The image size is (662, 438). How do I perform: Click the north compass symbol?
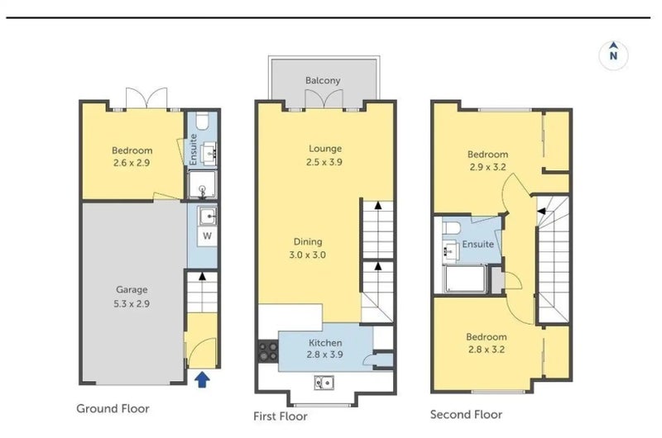tap(613, 55)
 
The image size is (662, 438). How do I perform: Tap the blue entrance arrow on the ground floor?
tap(202, 379)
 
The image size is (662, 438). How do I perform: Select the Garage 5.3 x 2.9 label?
tap(132, 297)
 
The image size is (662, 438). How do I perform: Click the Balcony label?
tap(323, 80)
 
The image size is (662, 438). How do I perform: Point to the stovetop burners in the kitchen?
tap(268, 351)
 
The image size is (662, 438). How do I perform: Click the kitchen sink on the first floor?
tap(324, 383)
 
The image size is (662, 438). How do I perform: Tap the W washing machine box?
tap(208, 236)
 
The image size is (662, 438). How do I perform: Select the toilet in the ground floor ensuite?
tap(202, 121)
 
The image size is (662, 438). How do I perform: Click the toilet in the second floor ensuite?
tap(451, 228)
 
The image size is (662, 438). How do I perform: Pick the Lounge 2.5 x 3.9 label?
tap(324, 155)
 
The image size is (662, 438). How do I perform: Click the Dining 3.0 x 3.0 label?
tap(308, 248)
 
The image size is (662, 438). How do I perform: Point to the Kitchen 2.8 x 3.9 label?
tap(325, 349)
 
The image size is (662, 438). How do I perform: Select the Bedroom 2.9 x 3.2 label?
tap(487, 160)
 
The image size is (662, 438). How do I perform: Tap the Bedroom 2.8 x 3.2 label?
tap(487, 343)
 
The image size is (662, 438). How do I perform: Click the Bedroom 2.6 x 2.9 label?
tap(132, 156)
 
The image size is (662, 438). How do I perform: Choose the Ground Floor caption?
tap(113, 408)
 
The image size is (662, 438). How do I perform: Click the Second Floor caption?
tap(466, 415)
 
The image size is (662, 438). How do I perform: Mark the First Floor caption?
tap(281, 417)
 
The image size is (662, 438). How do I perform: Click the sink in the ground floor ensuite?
tap(209, 154)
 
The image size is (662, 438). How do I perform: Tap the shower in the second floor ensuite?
tap(465, 279)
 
